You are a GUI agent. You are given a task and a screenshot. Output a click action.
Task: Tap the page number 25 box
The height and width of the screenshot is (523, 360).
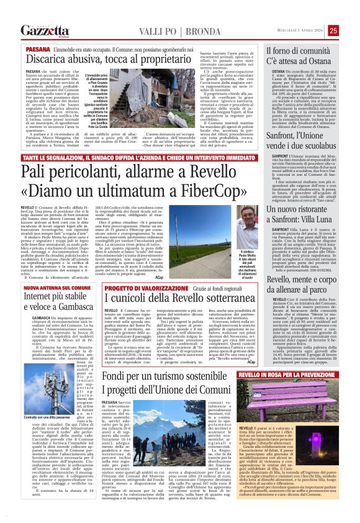351,30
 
